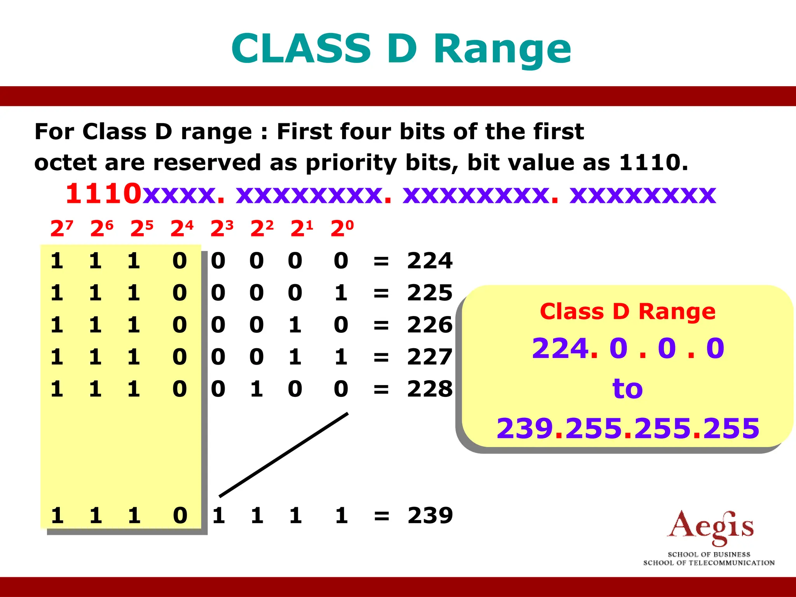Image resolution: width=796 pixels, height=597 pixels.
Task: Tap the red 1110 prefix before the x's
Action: tap(103, 194)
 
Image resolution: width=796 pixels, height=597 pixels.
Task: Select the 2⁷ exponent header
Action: tap(61, 228)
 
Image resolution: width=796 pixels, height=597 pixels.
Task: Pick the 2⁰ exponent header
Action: tap(342, 228)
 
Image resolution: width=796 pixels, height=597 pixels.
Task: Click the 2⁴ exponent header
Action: tap(182, 228)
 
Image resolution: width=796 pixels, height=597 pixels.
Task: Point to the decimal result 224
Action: tap(429, 260)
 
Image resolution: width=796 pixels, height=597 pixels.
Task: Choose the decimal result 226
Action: tap(429, 325)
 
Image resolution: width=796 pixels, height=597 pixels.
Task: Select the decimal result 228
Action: tap(429, 389)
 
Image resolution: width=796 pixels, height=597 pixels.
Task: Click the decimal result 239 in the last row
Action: tap(430, 515)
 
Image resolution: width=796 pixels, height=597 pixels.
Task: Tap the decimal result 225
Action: tap(429, 293)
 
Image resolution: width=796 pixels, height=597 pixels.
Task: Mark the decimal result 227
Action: tap(429, 357)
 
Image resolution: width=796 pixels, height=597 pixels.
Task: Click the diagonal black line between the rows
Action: tap(284, 455)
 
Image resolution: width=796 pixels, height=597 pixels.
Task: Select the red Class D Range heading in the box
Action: tap(627, 312)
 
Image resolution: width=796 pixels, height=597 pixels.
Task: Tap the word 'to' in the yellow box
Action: tap(627, 389)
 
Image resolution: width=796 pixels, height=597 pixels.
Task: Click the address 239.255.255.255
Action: tap(628, 429)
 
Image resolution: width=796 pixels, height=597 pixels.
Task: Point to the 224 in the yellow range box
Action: tap(560, 348)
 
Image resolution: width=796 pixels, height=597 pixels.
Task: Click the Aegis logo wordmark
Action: tap(710, 527)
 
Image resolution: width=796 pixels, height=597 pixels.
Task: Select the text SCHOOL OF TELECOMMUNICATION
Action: tap(709, 563)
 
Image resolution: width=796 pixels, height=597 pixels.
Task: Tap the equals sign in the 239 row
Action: tap(381, 516)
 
